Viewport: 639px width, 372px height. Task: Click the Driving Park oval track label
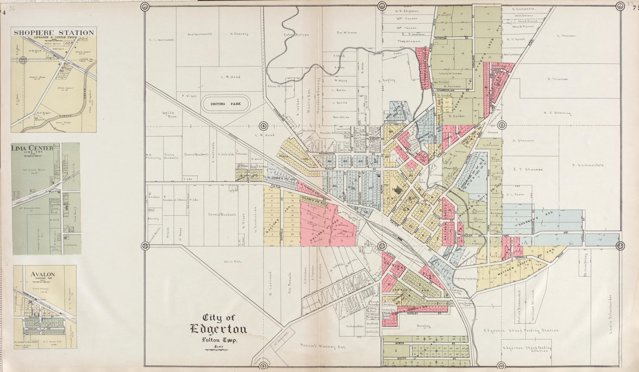click(x=225, y=104)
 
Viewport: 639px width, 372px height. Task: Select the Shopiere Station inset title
click(x=54, y=33)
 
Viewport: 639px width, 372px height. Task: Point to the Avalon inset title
click(x=43, y=274)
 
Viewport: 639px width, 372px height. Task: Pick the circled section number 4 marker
click(x=264, y=126)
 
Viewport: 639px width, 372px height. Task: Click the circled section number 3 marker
click(x=502, y=125)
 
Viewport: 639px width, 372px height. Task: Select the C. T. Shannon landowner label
click(x=528, y=169)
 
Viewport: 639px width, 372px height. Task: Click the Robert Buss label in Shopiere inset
click(x=37, y=77)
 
